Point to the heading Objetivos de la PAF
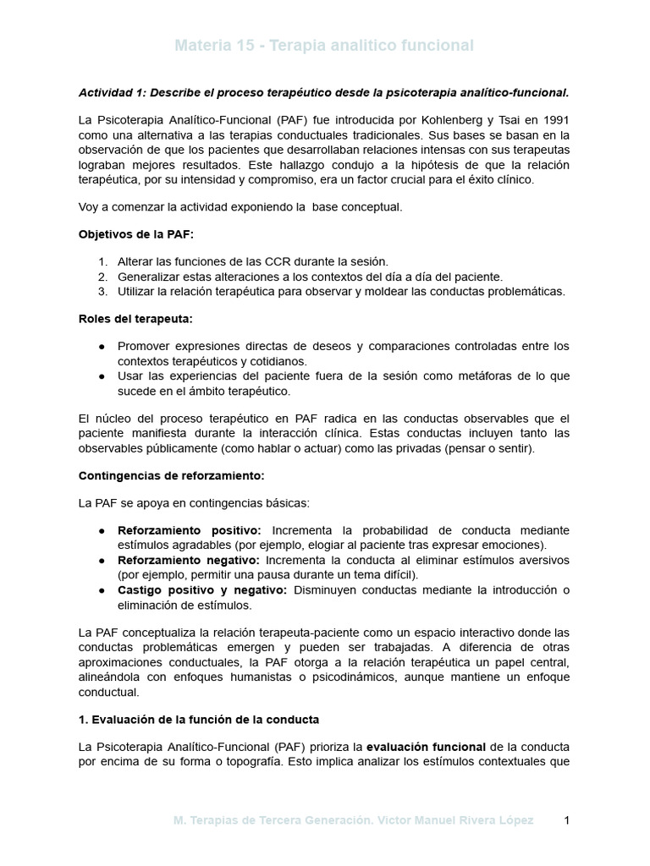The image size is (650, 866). (x=135, y=234)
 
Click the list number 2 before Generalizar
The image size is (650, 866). (x=102, y=277)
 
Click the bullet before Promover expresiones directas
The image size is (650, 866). (x=102, y=346)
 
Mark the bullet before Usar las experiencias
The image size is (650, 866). (x=102, y=376)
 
